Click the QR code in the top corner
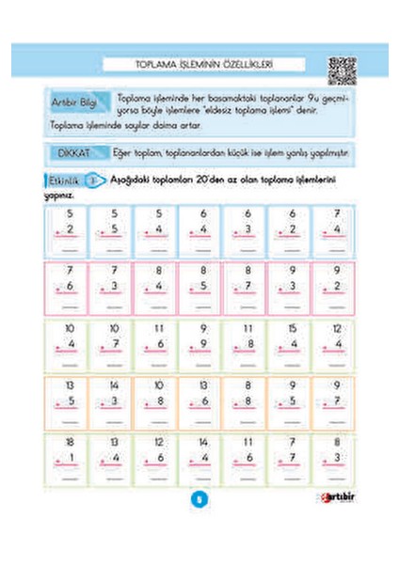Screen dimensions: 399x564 click(343, 70)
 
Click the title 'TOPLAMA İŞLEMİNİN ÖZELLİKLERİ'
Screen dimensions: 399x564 click(204, 65)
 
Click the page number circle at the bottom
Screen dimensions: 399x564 click(199, 525)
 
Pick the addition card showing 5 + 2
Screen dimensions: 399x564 click(69, 231)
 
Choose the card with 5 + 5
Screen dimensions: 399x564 click(113, 231)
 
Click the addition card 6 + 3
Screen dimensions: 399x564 click(247, 231)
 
